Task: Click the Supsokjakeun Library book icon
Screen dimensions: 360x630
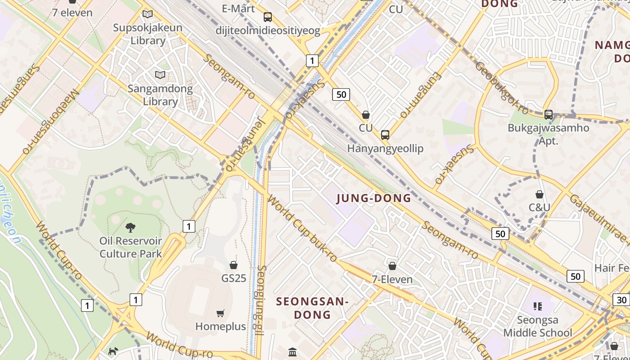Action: (148, 14)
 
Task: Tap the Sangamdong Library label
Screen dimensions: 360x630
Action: (160, 95)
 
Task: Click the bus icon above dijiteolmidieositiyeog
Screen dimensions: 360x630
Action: (268, 17)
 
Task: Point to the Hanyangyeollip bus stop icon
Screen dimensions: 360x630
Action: (385, 135)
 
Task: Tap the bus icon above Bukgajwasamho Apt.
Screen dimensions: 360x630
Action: (548, 114)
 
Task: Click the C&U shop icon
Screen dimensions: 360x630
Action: (539, 194)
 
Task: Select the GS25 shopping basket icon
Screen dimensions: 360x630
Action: (234, 265)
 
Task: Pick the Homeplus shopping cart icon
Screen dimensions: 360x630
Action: (220, 313)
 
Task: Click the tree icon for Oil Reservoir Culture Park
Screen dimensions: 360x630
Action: (130, 227)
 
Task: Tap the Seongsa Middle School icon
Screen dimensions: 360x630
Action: (537, 306)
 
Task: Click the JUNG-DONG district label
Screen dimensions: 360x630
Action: (373, 198)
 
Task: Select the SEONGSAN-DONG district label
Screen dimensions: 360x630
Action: (312, 308)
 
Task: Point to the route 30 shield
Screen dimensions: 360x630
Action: (621, 300)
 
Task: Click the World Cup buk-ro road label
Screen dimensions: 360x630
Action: (302, 229)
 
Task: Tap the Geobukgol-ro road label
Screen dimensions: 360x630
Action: (502, 88)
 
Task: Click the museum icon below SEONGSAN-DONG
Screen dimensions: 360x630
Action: (292, 351)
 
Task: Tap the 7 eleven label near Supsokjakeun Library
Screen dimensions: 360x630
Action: (72, 13)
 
